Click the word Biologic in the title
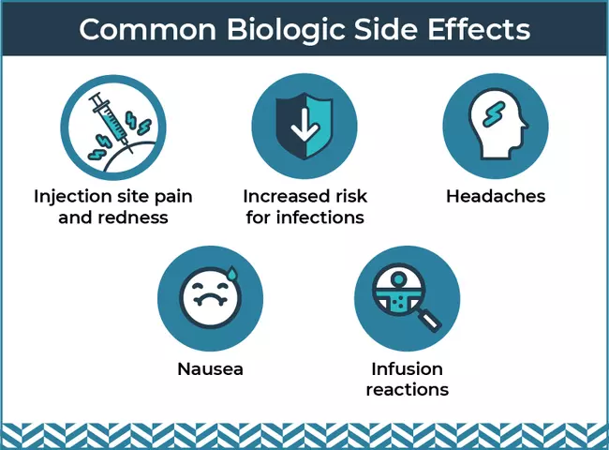tap(286, 30)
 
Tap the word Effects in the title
tap(479, 29)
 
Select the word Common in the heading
tap(148, 30)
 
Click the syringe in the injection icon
tap(108, 118)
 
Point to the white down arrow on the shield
tap(304, 125)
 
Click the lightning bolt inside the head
tap(494, 113)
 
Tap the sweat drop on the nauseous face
tap(232, 273)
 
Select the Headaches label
tap(496, 196)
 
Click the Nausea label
tap(210, 368)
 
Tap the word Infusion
tap(407, 368)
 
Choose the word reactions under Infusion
tap(407, 389)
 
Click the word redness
tap(133, 217)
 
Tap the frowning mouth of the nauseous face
tap(210, 301)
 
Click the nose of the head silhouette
tap(525, 124)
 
